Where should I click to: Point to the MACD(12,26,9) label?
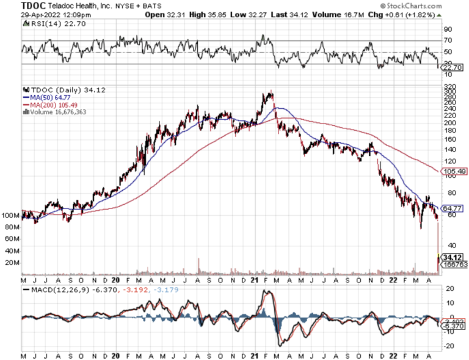coord(56,289)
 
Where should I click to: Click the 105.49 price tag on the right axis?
coord(449,171)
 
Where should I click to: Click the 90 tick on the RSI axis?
coord(446,29)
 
